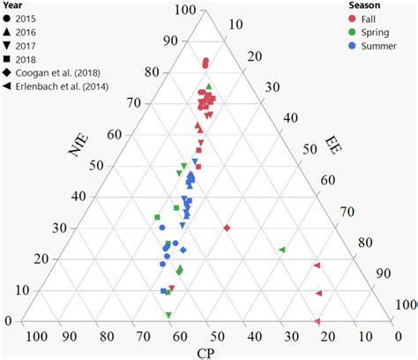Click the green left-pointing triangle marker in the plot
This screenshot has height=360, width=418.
[x=282, y=251]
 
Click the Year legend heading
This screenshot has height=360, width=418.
[x=13, y=5]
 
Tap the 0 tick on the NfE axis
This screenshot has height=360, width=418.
[x=10, y=321]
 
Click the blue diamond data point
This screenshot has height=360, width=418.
[x=183, y=250]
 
